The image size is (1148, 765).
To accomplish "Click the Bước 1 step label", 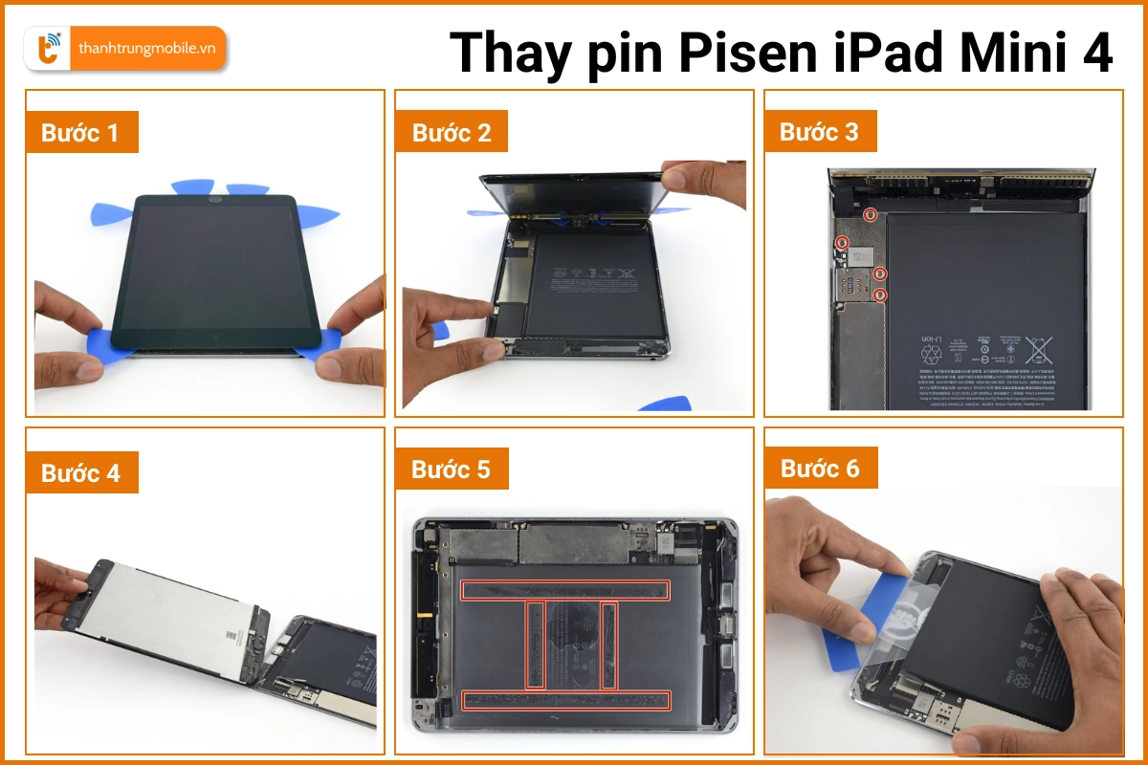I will pos(80,133).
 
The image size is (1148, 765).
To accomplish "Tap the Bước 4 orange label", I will pos(80,472).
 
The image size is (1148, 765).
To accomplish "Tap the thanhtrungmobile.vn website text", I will pos(147,49).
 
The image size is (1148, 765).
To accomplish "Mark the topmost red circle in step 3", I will pos(870,214).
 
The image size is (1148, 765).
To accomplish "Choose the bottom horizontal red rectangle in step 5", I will pos(564,701).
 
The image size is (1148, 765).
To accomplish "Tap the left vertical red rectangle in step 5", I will pos(536,645).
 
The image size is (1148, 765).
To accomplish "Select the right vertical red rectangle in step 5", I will pos(608,645).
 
